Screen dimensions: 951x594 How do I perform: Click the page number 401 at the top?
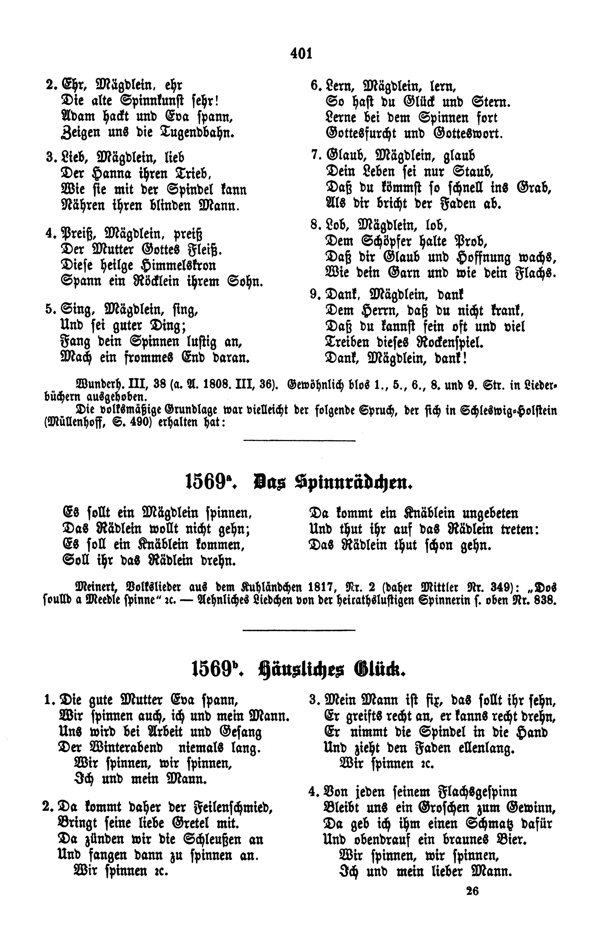click(301, 53)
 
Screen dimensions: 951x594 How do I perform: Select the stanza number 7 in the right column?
click(314, 155)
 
